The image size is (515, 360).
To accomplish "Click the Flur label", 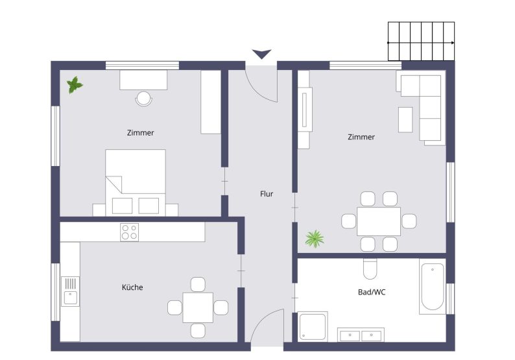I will click(266, 194).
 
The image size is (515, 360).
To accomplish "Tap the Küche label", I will click(132, 287).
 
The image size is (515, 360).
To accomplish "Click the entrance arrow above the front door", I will click(261, 54).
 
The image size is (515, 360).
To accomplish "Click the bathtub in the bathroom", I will click(432, 287).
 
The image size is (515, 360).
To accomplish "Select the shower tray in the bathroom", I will click(313, 326).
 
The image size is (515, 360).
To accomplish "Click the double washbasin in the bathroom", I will click(359, 335).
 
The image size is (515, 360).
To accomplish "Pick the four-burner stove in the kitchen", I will click(129, 232).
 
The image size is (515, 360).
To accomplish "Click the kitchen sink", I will click(69, 291).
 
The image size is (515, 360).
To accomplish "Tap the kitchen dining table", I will click(198, 307).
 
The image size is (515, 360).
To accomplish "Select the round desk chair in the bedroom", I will click(143, 99).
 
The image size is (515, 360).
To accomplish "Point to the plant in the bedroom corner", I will click(75, 84).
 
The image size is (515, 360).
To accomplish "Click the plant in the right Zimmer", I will click(315, 238).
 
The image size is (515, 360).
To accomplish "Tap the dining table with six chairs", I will click(378, 221).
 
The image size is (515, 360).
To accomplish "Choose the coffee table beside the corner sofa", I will click(405, 119).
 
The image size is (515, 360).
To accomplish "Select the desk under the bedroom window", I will click(143, 80).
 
